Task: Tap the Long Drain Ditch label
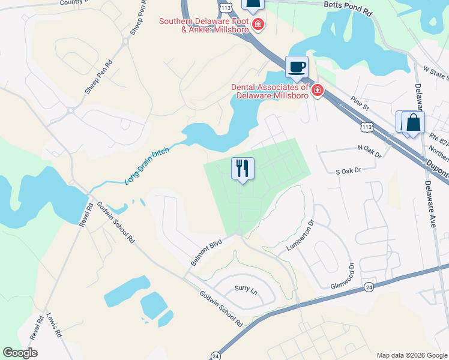(x=147, y=165)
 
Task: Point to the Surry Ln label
(x=246, y=291)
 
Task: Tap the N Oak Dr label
(x=369, y=152)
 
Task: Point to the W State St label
(x=436, y=73)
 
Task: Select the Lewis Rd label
(x=55, y=325)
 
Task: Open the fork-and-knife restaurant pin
(x=243, y=168)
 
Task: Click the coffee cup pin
(x=296, y=66)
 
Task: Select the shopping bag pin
(x=413, y=123)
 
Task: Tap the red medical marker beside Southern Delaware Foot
(x=258, y=25)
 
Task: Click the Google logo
(x=20, y=353)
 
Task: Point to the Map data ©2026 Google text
(x=411, y=355)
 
